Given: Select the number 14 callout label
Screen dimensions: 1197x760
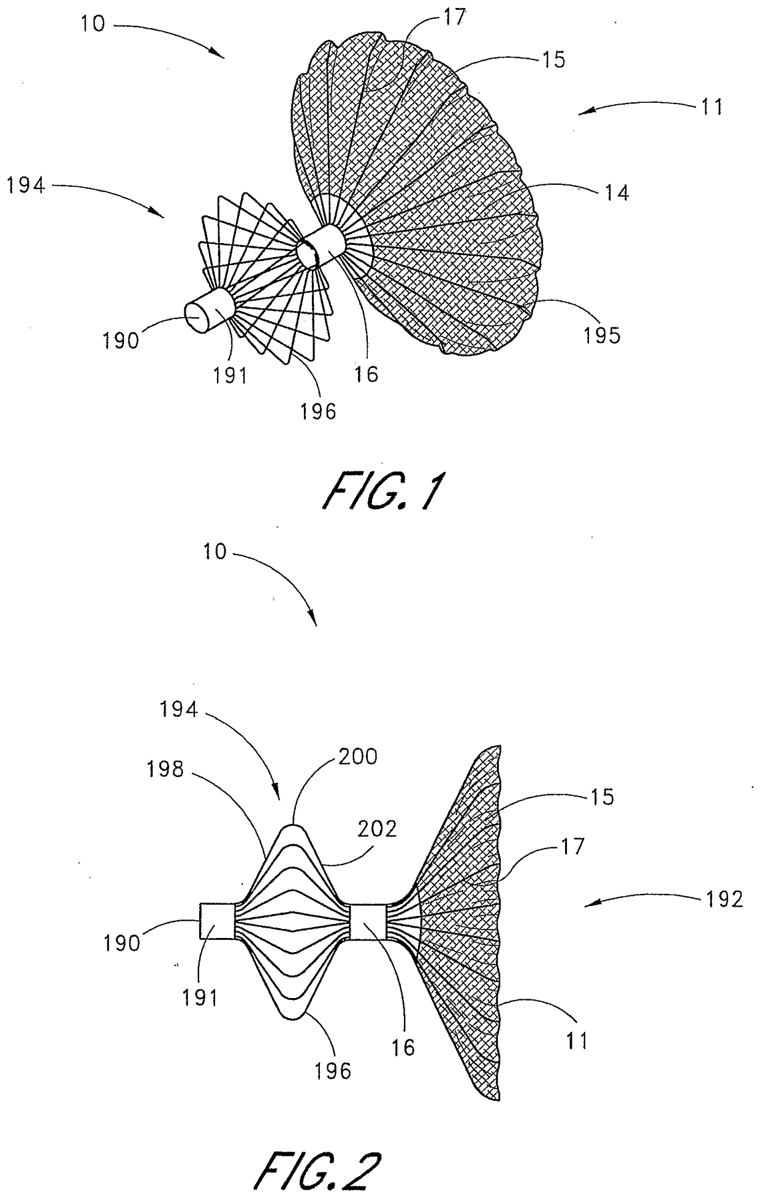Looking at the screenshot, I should coord(616,193).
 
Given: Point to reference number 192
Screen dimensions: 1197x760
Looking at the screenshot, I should coord(724,898).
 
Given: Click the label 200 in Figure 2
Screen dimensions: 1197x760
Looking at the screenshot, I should coord(358,757).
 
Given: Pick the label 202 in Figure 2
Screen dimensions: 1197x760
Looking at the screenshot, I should coord(378,828).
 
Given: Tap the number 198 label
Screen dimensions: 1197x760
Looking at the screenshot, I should coord(165,769).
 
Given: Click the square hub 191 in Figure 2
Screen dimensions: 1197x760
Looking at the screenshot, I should coord(218,921).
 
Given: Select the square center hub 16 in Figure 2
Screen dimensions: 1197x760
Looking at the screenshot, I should coord(368,921).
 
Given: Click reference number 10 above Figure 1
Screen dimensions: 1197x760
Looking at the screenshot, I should coord(92,24).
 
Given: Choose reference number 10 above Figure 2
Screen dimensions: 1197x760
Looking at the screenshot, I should coord(213,552).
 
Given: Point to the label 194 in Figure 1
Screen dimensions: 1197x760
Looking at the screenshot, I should coord(26,184).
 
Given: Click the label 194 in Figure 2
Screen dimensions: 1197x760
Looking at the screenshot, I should coord(179,710).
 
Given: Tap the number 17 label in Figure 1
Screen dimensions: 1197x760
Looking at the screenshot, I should coord(454,17).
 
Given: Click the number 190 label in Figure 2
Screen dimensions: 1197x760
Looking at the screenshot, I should coord(123,943).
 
